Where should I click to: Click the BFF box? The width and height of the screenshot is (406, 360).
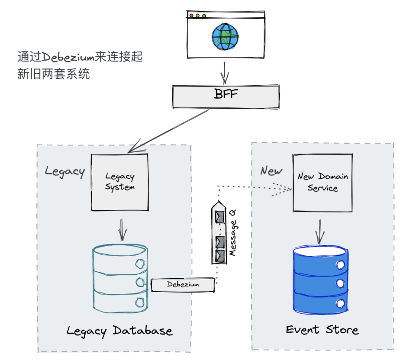tap(226, 96)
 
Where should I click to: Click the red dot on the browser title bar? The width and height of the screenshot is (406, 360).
tap(191, 16)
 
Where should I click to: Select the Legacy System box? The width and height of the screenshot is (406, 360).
tap(120, 182)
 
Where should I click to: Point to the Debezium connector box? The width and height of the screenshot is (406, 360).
tap(183, 285)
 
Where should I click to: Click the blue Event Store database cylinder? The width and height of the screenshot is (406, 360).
tap(320, 280)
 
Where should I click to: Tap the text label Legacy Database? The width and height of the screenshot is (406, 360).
tap(119, 331)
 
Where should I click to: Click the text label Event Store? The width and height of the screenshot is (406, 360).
tap(322, 330)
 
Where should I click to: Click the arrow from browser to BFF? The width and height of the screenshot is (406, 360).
tap(224, 72)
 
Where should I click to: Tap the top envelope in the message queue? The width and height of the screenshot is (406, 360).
tap(220, 215)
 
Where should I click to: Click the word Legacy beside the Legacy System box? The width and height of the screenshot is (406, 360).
tap(65, 171)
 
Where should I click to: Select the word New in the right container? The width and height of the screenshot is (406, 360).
tap(271, 170)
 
